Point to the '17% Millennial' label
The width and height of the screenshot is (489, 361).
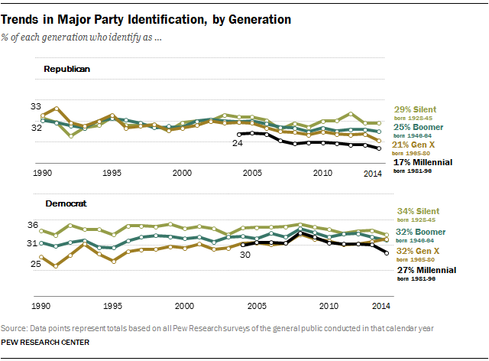point(423,163)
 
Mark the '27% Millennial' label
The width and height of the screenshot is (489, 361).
point(426,270)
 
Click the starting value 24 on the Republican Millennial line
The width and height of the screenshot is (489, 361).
point(237,142)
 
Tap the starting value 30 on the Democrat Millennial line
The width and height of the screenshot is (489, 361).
point(246,255)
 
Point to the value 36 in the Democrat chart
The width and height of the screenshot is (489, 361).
point(32,225)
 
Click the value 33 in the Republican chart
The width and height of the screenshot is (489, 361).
point(35,106)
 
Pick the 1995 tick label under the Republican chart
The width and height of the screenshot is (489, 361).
point(112,174)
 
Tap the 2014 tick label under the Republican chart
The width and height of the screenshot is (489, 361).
point(372,174)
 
